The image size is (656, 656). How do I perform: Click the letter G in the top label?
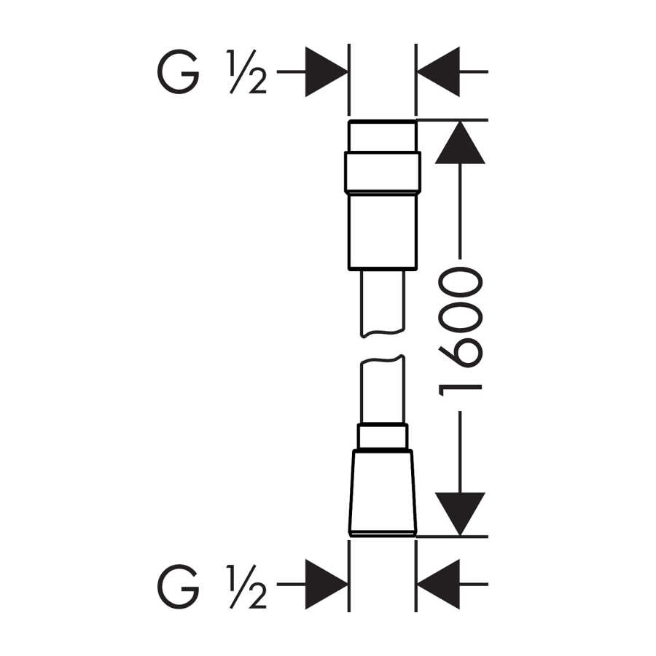[x=179, y=71]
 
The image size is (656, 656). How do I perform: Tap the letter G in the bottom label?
[x=179, y=587]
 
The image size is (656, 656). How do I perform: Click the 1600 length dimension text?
[x=460, y=332]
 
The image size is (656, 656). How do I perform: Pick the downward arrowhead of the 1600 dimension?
[x=460, y=514]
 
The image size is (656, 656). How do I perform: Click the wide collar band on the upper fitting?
[x=383, y=172]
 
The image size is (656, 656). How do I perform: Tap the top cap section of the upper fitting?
[x=383, y=136]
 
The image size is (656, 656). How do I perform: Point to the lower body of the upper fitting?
[x=383, y=231]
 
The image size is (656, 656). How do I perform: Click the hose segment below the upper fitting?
[x=383, y=303]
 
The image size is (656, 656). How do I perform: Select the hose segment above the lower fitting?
[x=383, y=390]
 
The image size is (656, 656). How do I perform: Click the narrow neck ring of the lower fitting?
[x=383, y=437]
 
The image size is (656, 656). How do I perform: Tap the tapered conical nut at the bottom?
[x=383, y=493]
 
